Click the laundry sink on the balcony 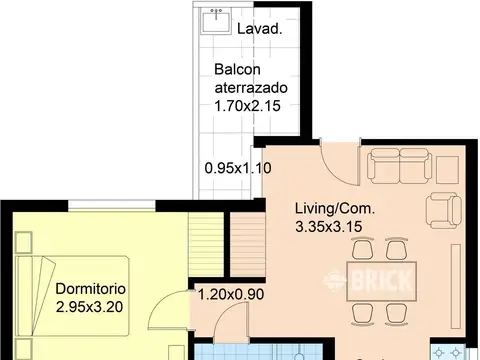(x=216, y=21)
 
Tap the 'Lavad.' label (x=260, y=29)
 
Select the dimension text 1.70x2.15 (x=247, y=106)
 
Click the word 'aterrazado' (x=251, y=88)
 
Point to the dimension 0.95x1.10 (x=238, y=168)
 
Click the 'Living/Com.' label (x=335, y=209)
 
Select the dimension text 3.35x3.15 (x=329, y=227)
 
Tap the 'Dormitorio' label (x=91, y=289)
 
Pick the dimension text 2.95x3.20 (x=89, y=307)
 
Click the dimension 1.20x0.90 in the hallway (x=231, y=294)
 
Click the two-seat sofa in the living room (x=399, y=166)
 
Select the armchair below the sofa (x=444, y=210)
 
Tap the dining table (x=382, y=281)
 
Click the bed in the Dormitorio (x=72, y=296)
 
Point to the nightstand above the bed (x=24, y=242)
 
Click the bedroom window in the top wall (x=112, y=205)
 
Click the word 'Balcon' (x=237, y=70)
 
